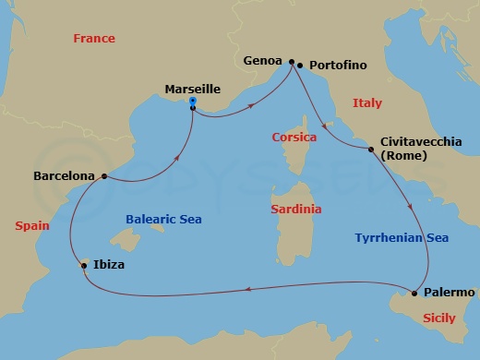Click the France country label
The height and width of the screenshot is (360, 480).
tap(93, 39)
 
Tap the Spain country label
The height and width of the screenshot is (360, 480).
tap(32, 224)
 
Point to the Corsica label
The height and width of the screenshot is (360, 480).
tap(294, 138)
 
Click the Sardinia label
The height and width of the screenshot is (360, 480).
tap(296, 210)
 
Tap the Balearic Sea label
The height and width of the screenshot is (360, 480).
tap(163, 220)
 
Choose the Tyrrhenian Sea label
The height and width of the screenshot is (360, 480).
tap(402, 237)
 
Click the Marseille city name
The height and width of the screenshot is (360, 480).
tap(192, 89)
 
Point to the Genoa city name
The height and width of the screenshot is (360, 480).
tap(263, 62)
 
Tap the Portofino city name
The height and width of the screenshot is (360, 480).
tap(338, 66)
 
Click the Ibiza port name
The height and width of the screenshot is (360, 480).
tap(109, 265)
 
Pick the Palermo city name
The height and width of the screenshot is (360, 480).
tap(449, 293)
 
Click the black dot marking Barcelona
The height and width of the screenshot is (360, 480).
tap(103, 175)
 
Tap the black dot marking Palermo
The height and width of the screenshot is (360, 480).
tap(414, 294)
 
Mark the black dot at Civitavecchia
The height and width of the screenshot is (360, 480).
tap(372, 149)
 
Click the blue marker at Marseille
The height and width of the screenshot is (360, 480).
tap(192, 101)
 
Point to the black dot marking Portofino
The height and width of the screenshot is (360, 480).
tap(300, 66)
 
